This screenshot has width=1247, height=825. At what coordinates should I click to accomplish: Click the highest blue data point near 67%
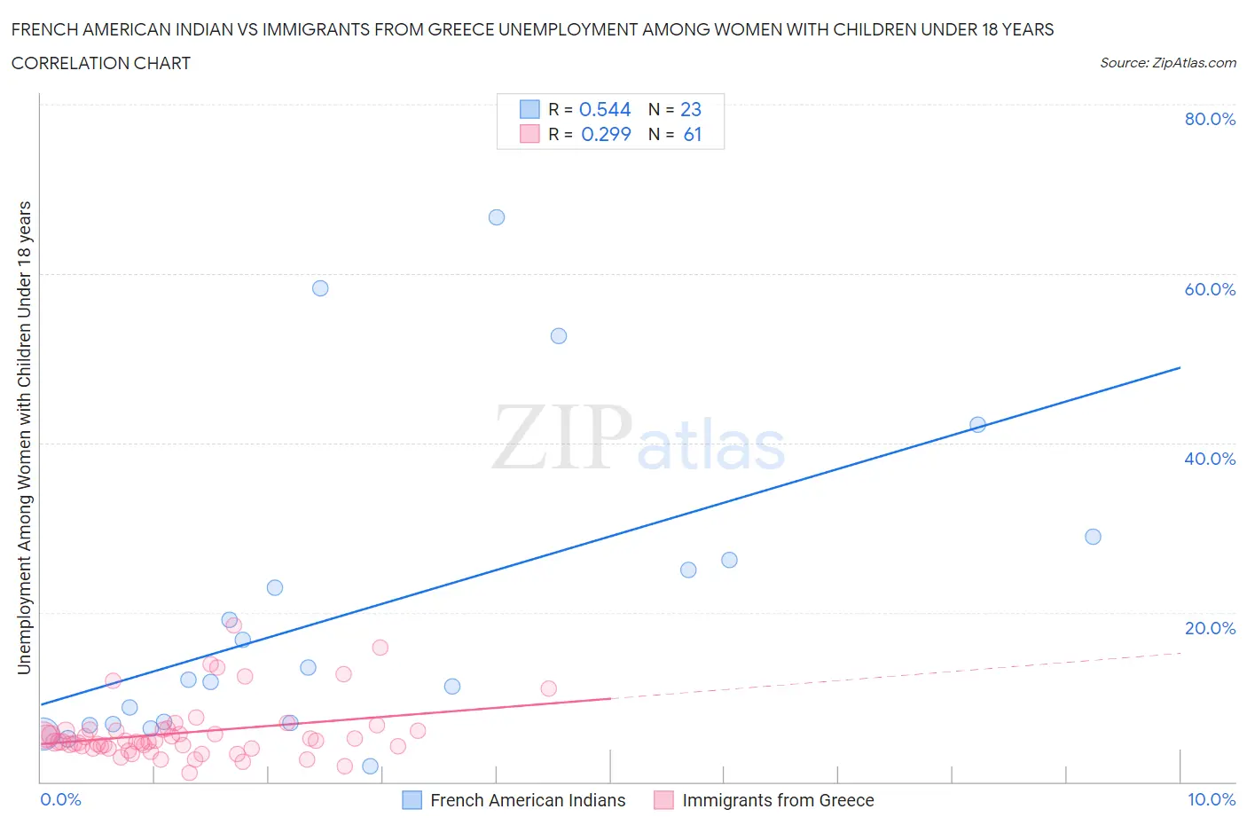click(x=497, y=217)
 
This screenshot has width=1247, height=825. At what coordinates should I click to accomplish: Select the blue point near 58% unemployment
click(x=320, y=288)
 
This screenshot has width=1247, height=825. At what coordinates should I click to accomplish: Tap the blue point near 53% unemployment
click(x=559, y=336)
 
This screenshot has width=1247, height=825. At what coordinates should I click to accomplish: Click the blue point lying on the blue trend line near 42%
click(x=977, y=425)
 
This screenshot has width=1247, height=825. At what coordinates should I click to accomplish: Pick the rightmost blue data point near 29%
click(x=1093, y=537)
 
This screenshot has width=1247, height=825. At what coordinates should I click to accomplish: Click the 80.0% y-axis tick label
click(x=1210, y=119)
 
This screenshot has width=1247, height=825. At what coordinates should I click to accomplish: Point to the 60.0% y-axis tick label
click(x=1210, y=289)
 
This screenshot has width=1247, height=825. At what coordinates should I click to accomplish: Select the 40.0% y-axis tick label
click(x=1210, y=459)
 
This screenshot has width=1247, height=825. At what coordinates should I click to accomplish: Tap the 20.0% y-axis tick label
click(x=1210, y=628)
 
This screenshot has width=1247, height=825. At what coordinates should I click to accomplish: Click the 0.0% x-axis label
click(x=60, y=799)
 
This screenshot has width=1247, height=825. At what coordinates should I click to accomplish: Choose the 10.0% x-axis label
click(x=1212, y=799)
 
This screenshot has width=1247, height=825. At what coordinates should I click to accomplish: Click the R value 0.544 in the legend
click(x=605, y=109)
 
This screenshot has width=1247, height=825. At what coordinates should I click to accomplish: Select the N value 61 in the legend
click(x=693, y=134)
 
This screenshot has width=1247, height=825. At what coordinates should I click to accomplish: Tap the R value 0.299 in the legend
click(x=606, y=134)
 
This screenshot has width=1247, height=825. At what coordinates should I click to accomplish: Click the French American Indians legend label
click(x=528, y=800)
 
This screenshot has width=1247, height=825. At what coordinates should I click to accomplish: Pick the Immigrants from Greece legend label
click(x=778, y=800)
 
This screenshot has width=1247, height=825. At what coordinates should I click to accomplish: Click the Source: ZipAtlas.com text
click(x=1168, y=62)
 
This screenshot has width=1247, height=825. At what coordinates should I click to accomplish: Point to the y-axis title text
click(x=24, y=437)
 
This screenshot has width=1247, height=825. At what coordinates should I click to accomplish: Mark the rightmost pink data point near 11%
click(x=548, y=688)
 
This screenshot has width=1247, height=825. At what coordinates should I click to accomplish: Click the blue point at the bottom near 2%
click(x=371, y=766)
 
